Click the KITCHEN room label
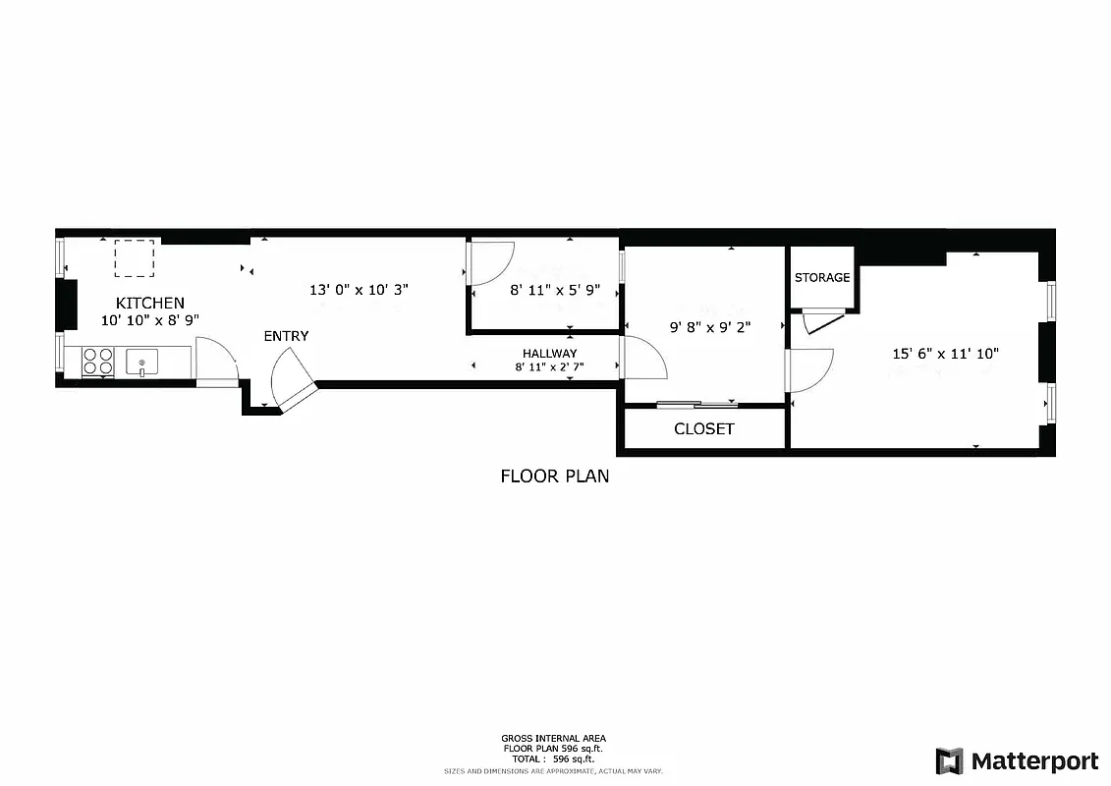click(x=149, y=303)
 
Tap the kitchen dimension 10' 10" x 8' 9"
click(x=149, y=320)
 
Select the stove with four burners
click(x=97, y=362)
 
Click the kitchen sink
click(x=142, y=363)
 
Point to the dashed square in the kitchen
click(x=135, y=258)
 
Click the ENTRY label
click(x=286, y=336)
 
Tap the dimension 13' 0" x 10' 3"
click(x=359, y=290)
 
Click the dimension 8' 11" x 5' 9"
click(x=554, y=291)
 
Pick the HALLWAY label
click(x=549, y=354)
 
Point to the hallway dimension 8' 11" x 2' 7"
click(x=549, y=367)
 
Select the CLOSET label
click(x=703, y=429)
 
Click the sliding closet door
click(x=697, y=403)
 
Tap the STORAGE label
click(x=822, y=278)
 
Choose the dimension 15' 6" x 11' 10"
click(x=945, y=354)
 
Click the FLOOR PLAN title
click(x=554, y=477)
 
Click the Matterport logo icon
click(x=949, y=761)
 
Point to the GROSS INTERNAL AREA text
click(x=554, y=738)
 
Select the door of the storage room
click(x=823, y=322)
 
